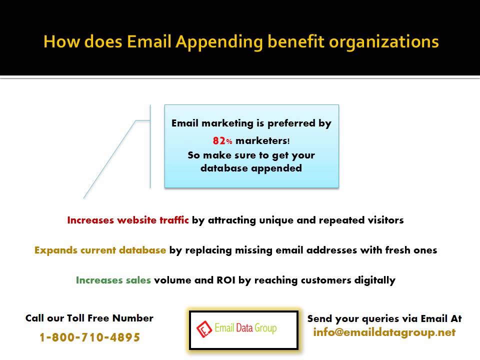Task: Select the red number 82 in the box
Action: click(218, 141)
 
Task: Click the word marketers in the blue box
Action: click(261, 141)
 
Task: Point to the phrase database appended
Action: click(251, 168)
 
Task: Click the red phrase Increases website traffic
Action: click(128, 220)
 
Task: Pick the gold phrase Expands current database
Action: click(100, 250)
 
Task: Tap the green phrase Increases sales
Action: click(113, 280)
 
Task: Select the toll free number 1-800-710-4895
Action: click(89, 337)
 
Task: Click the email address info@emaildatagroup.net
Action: click(384, 332)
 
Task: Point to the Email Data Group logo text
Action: click(245, 328)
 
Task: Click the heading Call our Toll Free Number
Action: click(89, 318)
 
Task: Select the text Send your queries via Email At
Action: click(384, 318)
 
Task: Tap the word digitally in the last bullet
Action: click(372, 280)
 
